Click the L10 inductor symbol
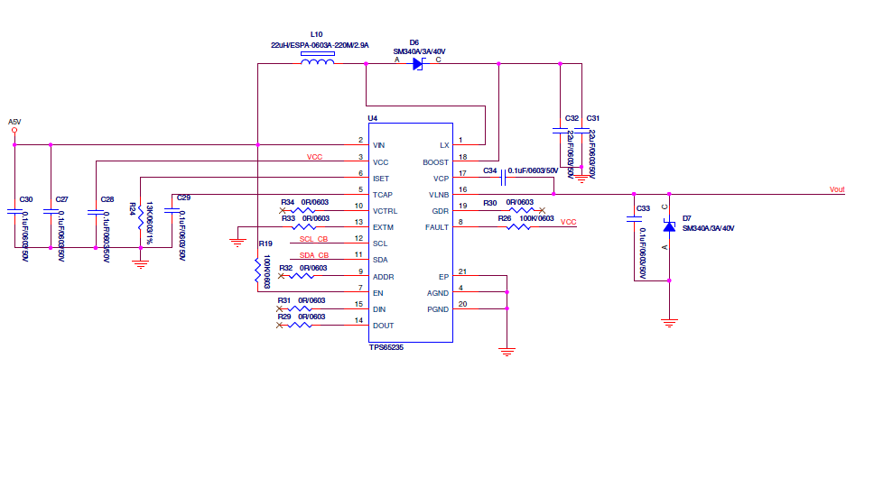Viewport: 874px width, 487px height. pyautogui.click(x=317, y=63)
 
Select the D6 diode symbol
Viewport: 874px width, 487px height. pyautogui.click(x=417, y=63)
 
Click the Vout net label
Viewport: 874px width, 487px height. pyautogui.click(x=837, y=189)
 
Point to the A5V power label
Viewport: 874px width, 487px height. pyautogui.click(x=14, y=121)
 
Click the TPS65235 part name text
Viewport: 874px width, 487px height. pyautogui.click(x=386, y=347)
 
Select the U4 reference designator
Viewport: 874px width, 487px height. pyautogui.click(x=372, y=118)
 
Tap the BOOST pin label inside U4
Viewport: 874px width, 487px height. pyautogui.click(x=436, y=162)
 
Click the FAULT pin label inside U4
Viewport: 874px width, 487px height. pyautogui.click(x=436, y=227)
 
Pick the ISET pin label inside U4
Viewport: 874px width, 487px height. pyautogui.click(x=381, y=179)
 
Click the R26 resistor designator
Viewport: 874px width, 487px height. pyautogui.click(x=504, y=218)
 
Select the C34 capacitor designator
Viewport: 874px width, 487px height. pyautogui.click(x=489, y=170)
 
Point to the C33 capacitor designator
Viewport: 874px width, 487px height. pyautogui.click(x=643, y=209)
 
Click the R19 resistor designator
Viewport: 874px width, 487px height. pyautogui.click(x=265, y=243)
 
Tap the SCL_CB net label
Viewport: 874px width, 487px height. pyautogui.click(x=313, y=239)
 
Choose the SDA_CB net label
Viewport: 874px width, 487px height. pyautogui.click(x=313, y=255)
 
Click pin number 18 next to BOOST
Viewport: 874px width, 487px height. pyautogui.click(x=462, y=157)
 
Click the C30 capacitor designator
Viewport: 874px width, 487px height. pyautogui.click(x=26, y=199)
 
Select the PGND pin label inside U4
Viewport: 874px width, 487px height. pyautogui.click(x=438, y=309)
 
